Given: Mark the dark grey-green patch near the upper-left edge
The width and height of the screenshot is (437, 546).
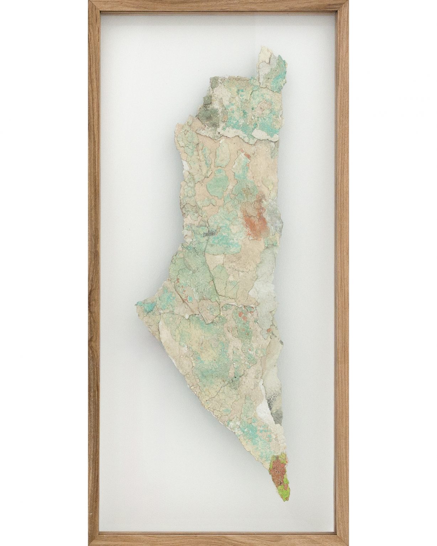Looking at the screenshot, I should point(206,108).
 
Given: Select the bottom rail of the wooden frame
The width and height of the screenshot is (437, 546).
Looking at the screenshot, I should point(218,541).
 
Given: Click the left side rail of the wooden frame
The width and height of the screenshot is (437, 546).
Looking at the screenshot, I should point(94,273).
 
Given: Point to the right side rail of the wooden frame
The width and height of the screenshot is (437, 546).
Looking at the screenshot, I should point(343,273).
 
